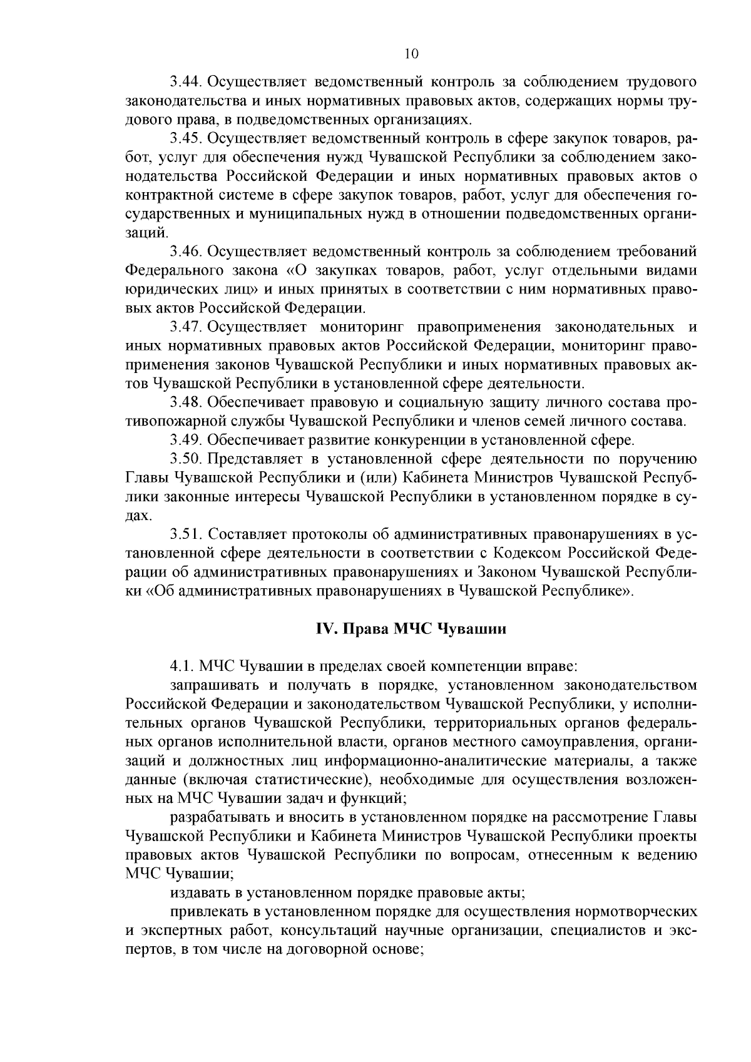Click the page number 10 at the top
pos(411,54)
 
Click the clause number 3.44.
pos(185,82)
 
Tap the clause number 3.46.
pos(185,252)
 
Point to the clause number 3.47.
pos(185,327)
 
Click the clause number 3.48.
pos(185,402)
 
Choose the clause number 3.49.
pos(185,441)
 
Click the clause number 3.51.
pos(185,534)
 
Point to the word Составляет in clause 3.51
pos(247,534)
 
